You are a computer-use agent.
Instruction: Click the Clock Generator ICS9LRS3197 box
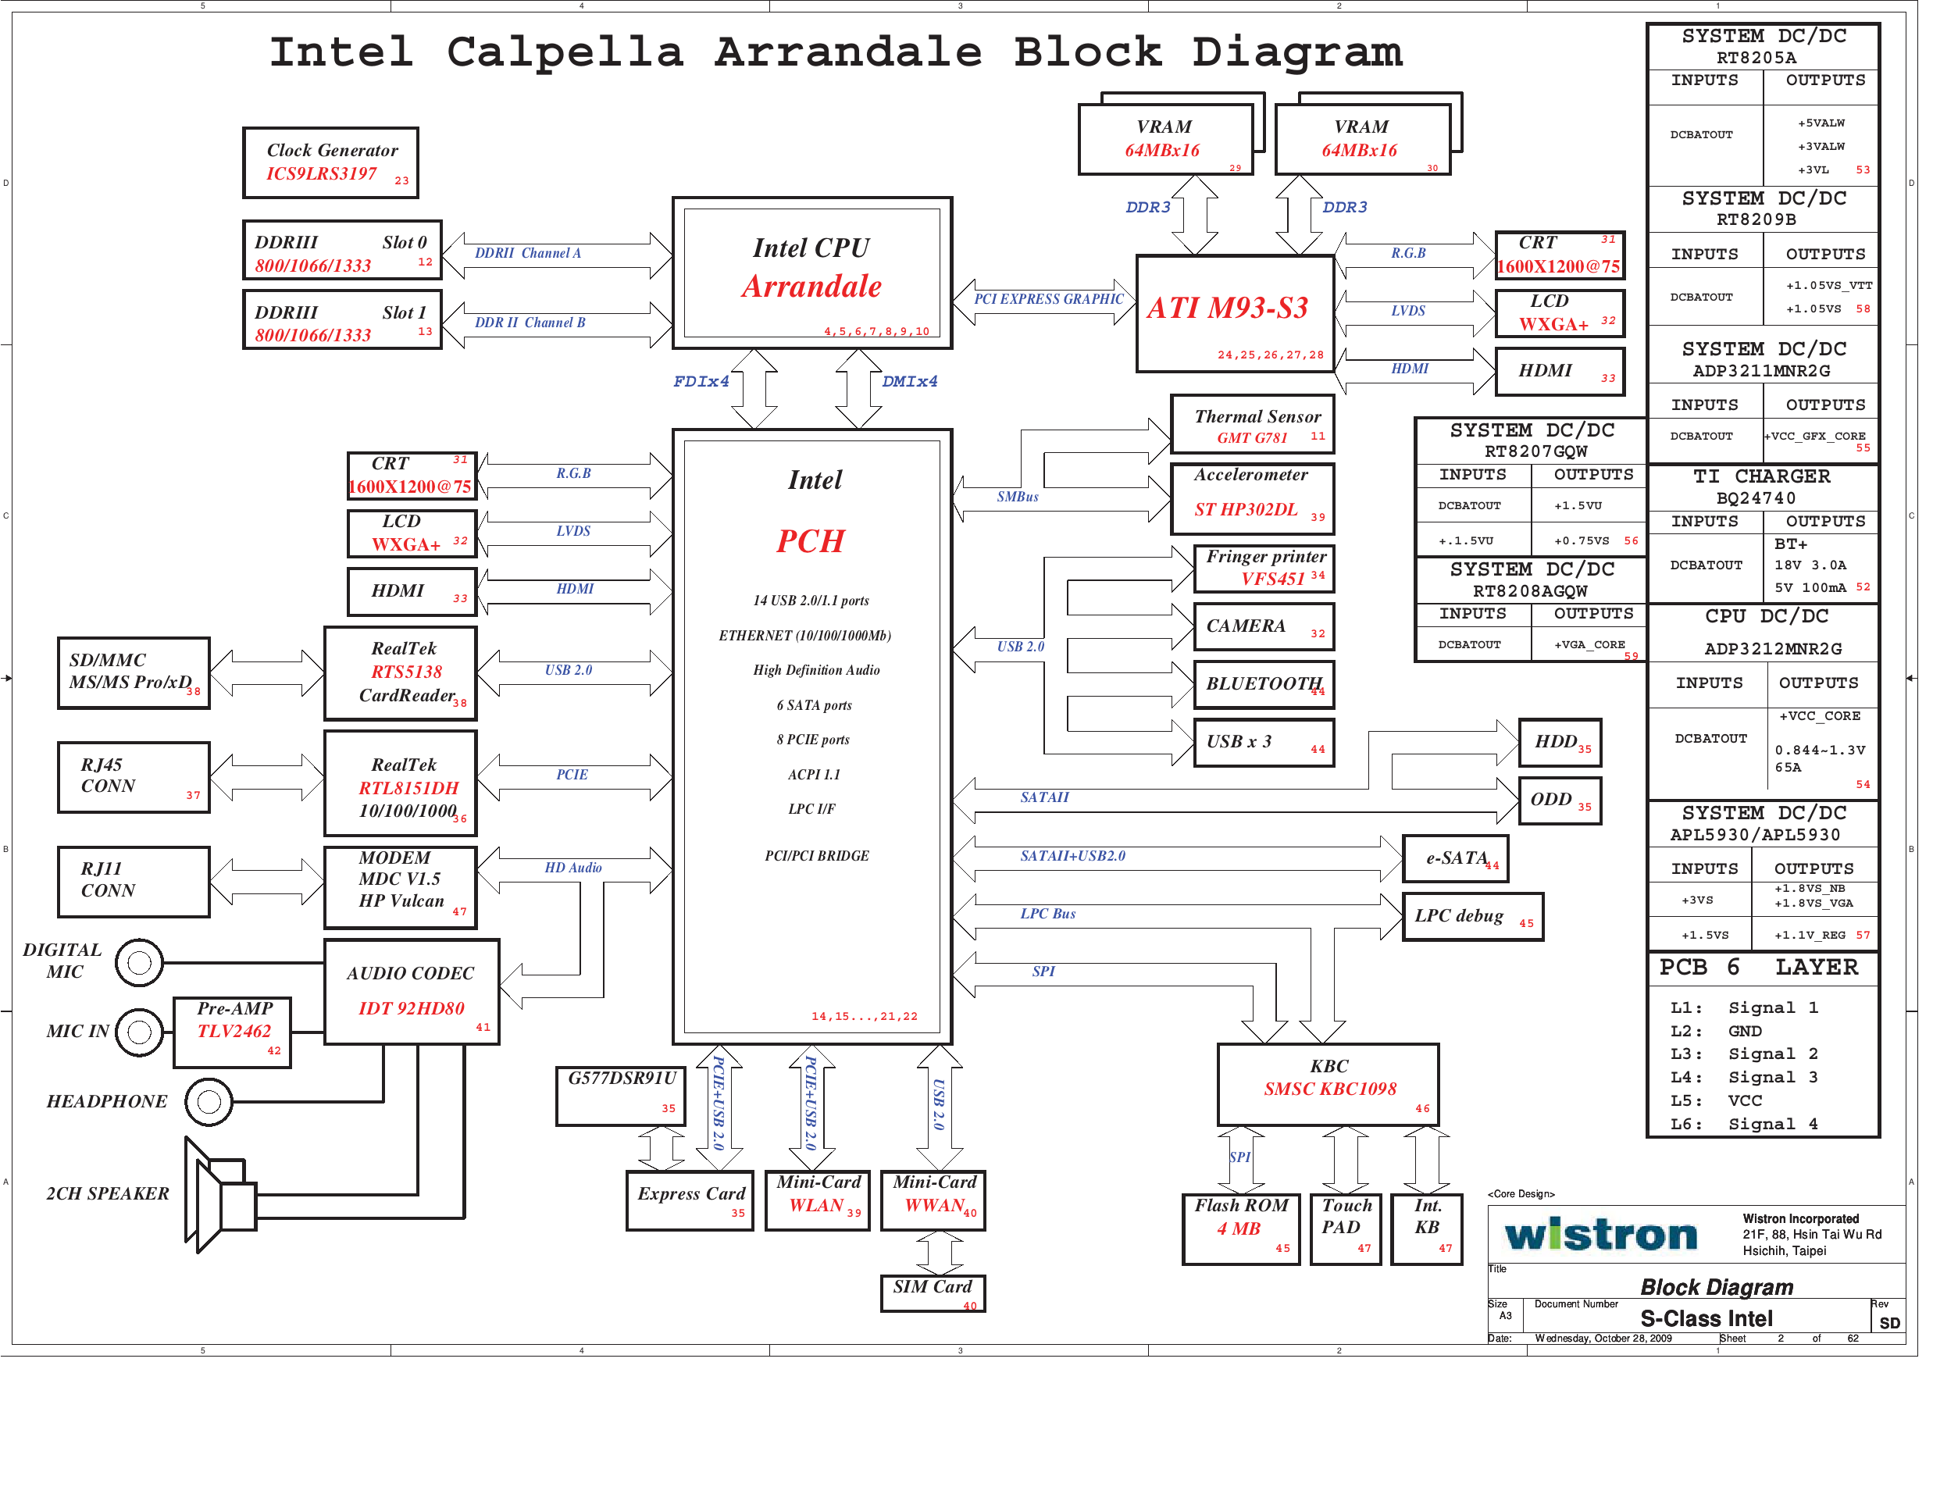[331, 163]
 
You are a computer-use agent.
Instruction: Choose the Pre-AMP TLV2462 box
[233, 1031]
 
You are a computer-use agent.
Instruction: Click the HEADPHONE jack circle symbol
[209, 1102]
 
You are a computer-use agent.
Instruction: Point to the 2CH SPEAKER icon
[221, 1196]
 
